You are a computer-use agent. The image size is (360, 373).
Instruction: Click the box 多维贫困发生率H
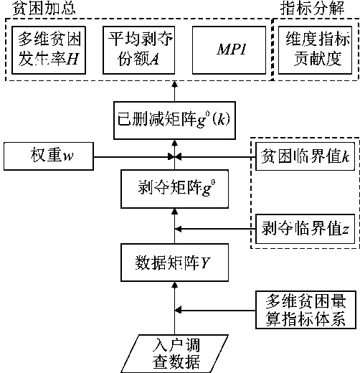(x=49, y=50)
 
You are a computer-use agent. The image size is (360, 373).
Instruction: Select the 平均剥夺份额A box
(x=138, y=50)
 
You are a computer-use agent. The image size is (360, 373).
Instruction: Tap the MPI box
(x=229, y=50)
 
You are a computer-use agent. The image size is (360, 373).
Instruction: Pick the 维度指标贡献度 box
(x=315, y=50)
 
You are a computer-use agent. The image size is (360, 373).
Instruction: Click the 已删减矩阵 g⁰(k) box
(x=174, y=121)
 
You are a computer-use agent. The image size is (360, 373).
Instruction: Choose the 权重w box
(x=49, y=156)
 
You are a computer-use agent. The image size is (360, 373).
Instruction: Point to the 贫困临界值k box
(x=305, y=156)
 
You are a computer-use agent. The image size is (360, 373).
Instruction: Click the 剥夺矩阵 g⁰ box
(x=174, y=189)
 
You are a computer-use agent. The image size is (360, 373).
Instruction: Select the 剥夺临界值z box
(x=305, y=229)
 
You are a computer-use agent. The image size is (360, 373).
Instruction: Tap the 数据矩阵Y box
(x=174, y=263)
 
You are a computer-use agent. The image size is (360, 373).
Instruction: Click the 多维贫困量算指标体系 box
(x=305, y=310)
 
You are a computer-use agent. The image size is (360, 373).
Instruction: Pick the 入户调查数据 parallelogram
(x=174, y=354)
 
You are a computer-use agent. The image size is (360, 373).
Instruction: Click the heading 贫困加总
(x=44, y=9)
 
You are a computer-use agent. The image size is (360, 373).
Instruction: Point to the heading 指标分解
(x=313, y=8)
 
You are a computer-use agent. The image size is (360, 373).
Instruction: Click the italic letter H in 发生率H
(x=72, y=59)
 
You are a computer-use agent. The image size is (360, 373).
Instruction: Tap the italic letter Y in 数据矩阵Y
(x=205, y=263)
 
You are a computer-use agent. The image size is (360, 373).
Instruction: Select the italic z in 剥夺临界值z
(x=345, y=230)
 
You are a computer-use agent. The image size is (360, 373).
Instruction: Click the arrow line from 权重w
(x=134, y=157)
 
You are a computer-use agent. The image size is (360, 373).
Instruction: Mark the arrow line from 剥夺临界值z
(x=215, y=229)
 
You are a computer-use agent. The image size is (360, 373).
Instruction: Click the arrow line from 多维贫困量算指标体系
(x=215, y=311)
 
